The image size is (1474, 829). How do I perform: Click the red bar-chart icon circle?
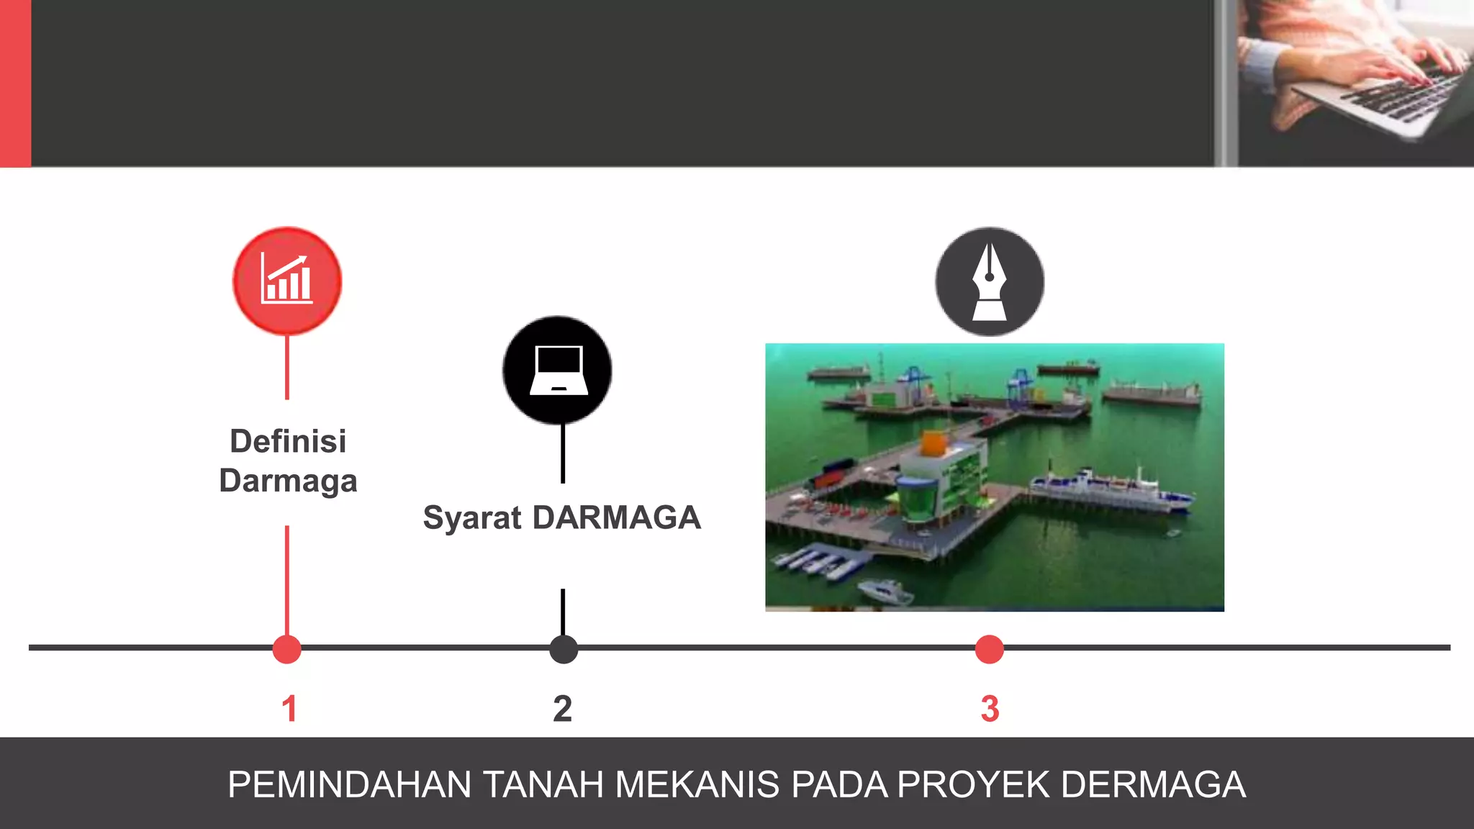287,281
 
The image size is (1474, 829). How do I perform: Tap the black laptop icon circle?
558,370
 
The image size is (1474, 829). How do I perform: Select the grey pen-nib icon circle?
990,281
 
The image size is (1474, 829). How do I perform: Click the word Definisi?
288,441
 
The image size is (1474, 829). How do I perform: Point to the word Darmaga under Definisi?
288,481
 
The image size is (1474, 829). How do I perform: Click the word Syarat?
472,518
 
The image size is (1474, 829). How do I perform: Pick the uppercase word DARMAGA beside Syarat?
617,518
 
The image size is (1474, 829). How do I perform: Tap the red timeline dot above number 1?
287,649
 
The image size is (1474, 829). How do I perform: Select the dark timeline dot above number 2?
564,649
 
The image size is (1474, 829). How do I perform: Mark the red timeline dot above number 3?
990,649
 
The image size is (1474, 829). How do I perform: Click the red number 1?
289,709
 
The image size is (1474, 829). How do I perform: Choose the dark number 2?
563,709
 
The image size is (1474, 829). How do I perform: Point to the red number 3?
990,709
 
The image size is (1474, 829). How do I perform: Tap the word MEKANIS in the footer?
697,784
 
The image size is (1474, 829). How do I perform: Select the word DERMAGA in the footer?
1154,784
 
